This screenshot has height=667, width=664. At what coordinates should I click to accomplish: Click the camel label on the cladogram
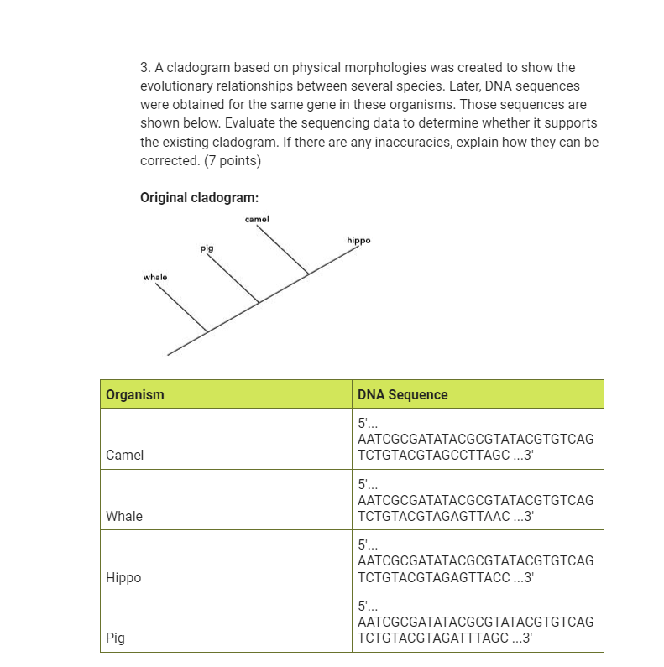(257, 219)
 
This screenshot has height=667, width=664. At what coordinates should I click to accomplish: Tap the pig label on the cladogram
(207, 248)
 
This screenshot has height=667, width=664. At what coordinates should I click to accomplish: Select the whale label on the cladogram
(155, 277)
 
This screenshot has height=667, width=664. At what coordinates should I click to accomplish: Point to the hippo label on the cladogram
(358, 240)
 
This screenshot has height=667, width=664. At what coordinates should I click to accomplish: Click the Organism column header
(135, 394)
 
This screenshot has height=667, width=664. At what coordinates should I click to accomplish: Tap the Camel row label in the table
(124, 456)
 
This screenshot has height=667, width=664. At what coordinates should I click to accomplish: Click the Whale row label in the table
(124, 517)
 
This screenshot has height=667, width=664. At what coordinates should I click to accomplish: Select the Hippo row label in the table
(123, 578)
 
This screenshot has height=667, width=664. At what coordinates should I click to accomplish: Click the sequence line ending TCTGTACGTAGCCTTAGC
(445, 456)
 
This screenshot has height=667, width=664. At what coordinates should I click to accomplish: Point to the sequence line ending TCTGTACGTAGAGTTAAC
(445, 517)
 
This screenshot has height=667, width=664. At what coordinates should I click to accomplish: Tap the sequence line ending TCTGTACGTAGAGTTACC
(445, 578)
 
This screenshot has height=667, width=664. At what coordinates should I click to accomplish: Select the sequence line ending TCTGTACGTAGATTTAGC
(445, 638)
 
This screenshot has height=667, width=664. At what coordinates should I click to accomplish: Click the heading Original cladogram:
(199, 198)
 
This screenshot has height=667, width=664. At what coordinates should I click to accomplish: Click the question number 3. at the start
(145, 67)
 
